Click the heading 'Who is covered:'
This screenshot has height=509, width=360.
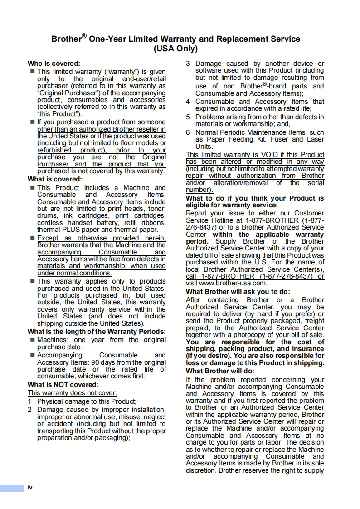tap(54, 64)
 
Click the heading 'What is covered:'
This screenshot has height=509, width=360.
tap(54, 179)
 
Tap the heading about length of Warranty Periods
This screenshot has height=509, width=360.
tap(97, 332)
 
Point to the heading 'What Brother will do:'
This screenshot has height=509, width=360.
tap(220, 371)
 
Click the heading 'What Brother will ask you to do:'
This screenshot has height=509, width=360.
tap(238, 292)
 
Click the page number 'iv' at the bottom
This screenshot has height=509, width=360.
tap(30, 488)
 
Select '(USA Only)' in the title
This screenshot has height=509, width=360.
tap(176, 49)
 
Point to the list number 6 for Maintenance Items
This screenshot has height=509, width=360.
tap(188, 132)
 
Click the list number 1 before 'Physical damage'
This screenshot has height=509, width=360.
tap(29, 401)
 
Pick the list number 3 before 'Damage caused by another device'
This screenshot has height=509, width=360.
tap(188, 64)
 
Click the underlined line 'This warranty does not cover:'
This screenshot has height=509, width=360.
tap(73, 393)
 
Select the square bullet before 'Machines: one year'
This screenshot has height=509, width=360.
tap(32, 340)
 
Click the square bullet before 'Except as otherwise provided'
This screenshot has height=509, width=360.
tap(32, 238)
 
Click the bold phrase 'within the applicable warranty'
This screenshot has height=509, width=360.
tap(268, 235)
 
